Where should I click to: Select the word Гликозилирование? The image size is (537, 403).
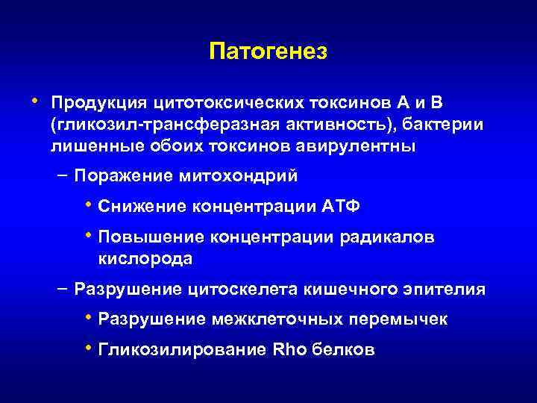point(179,350)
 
